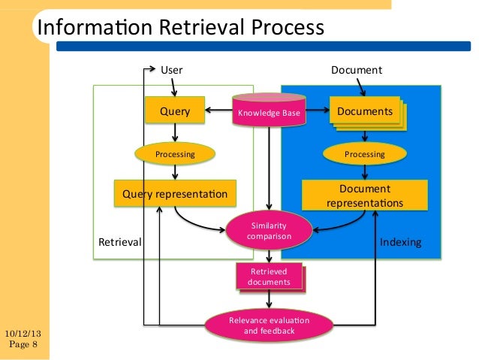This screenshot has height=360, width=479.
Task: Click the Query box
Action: coord(175,112)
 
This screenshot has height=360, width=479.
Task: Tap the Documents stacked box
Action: coord(365,112)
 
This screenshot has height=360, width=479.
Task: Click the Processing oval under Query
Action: coord(175,154)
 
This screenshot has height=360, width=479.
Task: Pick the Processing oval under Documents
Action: coord(364,154)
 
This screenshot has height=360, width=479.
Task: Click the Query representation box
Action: coord(175,195)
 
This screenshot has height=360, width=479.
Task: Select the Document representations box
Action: coord(365,195)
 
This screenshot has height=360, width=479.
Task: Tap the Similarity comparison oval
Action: coord(269,231)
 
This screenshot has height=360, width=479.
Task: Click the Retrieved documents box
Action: coord(269,276)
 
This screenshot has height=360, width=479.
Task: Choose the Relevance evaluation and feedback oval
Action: coord(269,325)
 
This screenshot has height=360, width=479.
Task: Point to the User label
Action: coord(172,70)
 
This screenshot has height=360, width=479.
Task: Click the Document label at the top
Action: coord(357,70)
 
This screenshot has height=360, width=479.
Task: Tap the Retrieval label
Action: coord(120,243)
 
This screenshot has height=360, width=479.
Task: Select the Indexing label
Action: coord(401,243)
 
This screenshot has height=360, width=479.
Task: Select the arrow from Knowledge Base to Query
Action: coord(219,112)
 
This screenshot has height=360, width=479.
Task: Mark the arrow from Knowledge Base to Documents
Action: coord(315,112)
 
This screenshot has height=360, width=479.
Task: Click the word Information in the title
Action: coord(89,28)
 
